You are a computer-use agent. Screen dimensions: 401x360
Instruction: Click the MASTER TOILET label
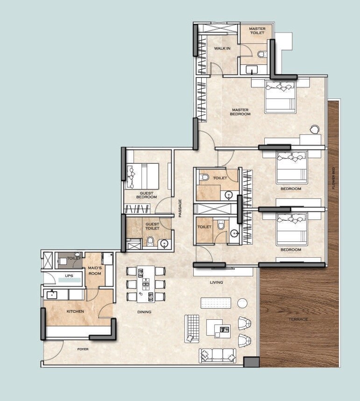[257, 31]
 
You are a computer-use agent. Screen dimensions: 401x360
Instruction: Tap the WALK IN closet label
[222, 49]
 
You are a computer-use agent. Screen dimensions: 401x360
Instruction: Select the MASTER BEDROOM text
[240, 112]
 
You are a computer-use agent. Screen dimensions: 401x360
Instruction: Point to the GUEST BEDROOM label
[146, 195]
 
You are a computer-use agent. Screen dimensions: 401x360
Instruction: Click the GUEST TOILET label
[152, 226]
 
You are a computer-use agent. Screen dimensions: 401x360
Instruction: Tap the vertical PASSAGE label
[180, 208]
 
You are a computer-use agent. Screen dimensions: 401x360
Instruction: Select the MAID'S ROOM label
[95, 270]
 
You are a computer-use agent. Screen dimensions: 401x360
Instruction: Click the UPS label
[69, 276]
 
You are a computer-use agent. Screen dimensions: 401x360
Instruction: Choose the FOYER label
[83, 349]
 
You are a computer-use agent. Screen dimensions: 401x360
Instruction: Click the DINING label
[144, 312]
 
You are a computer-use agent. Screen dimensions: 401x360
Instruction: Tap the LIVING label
[216, 282]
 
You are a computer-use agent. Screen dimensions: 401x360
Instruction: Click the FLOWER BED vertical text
[333, 179]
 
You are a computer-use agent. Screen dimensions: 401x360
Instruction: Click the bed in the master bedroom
[280, 97]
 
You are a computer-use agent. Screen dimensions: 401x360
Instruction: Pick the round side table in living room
[242, 303]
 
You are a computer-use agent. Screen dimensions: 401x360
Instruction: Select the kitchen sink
[51, 295]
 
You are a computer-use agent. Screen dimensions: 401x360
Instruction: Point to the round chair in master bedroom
[315, 128]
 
